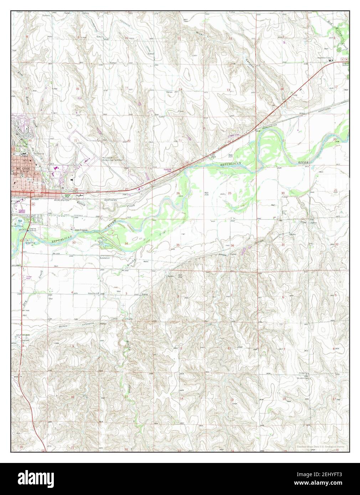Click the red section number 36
tap(232, 245)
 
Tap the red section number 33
tap(74, 243)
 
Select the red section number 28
tap(76, 189)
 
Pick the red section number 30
tap(283, 193)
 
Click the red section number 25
tap(230, 193)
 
